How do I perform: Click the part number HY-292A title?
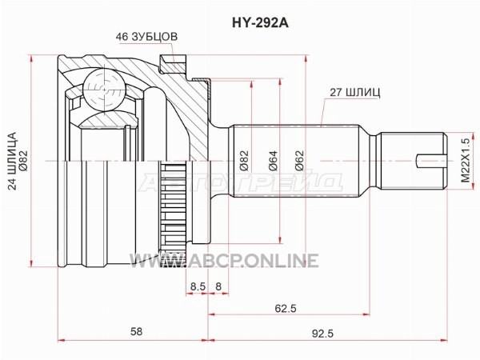pos(260,22)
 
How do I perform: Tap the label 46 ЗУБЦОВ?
pos(146,37)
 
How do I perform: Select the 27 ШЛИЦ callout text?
pos(354,93)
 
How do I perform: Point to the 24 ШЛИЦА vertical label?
pos(13,161)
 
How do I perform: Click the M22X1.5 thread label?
pos(466,161)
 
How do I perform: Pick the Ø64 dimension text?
pos(273,161)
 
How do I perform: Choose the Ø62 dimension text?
pos(299,161)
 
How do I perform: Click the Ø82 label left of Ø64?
pos(244,161)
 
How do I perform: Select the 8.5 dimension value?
pos(198,286)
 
